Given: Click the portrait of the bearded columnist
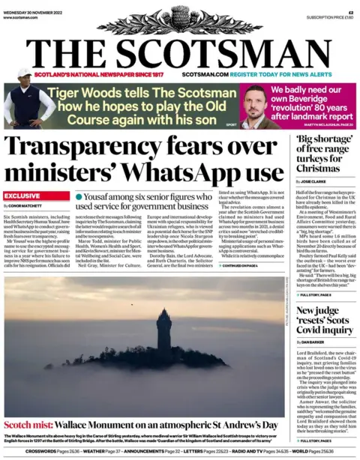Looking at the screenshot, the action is (x=255, y=106).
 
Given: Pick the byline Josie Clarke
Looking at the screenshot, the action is (x=312, y=181).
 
